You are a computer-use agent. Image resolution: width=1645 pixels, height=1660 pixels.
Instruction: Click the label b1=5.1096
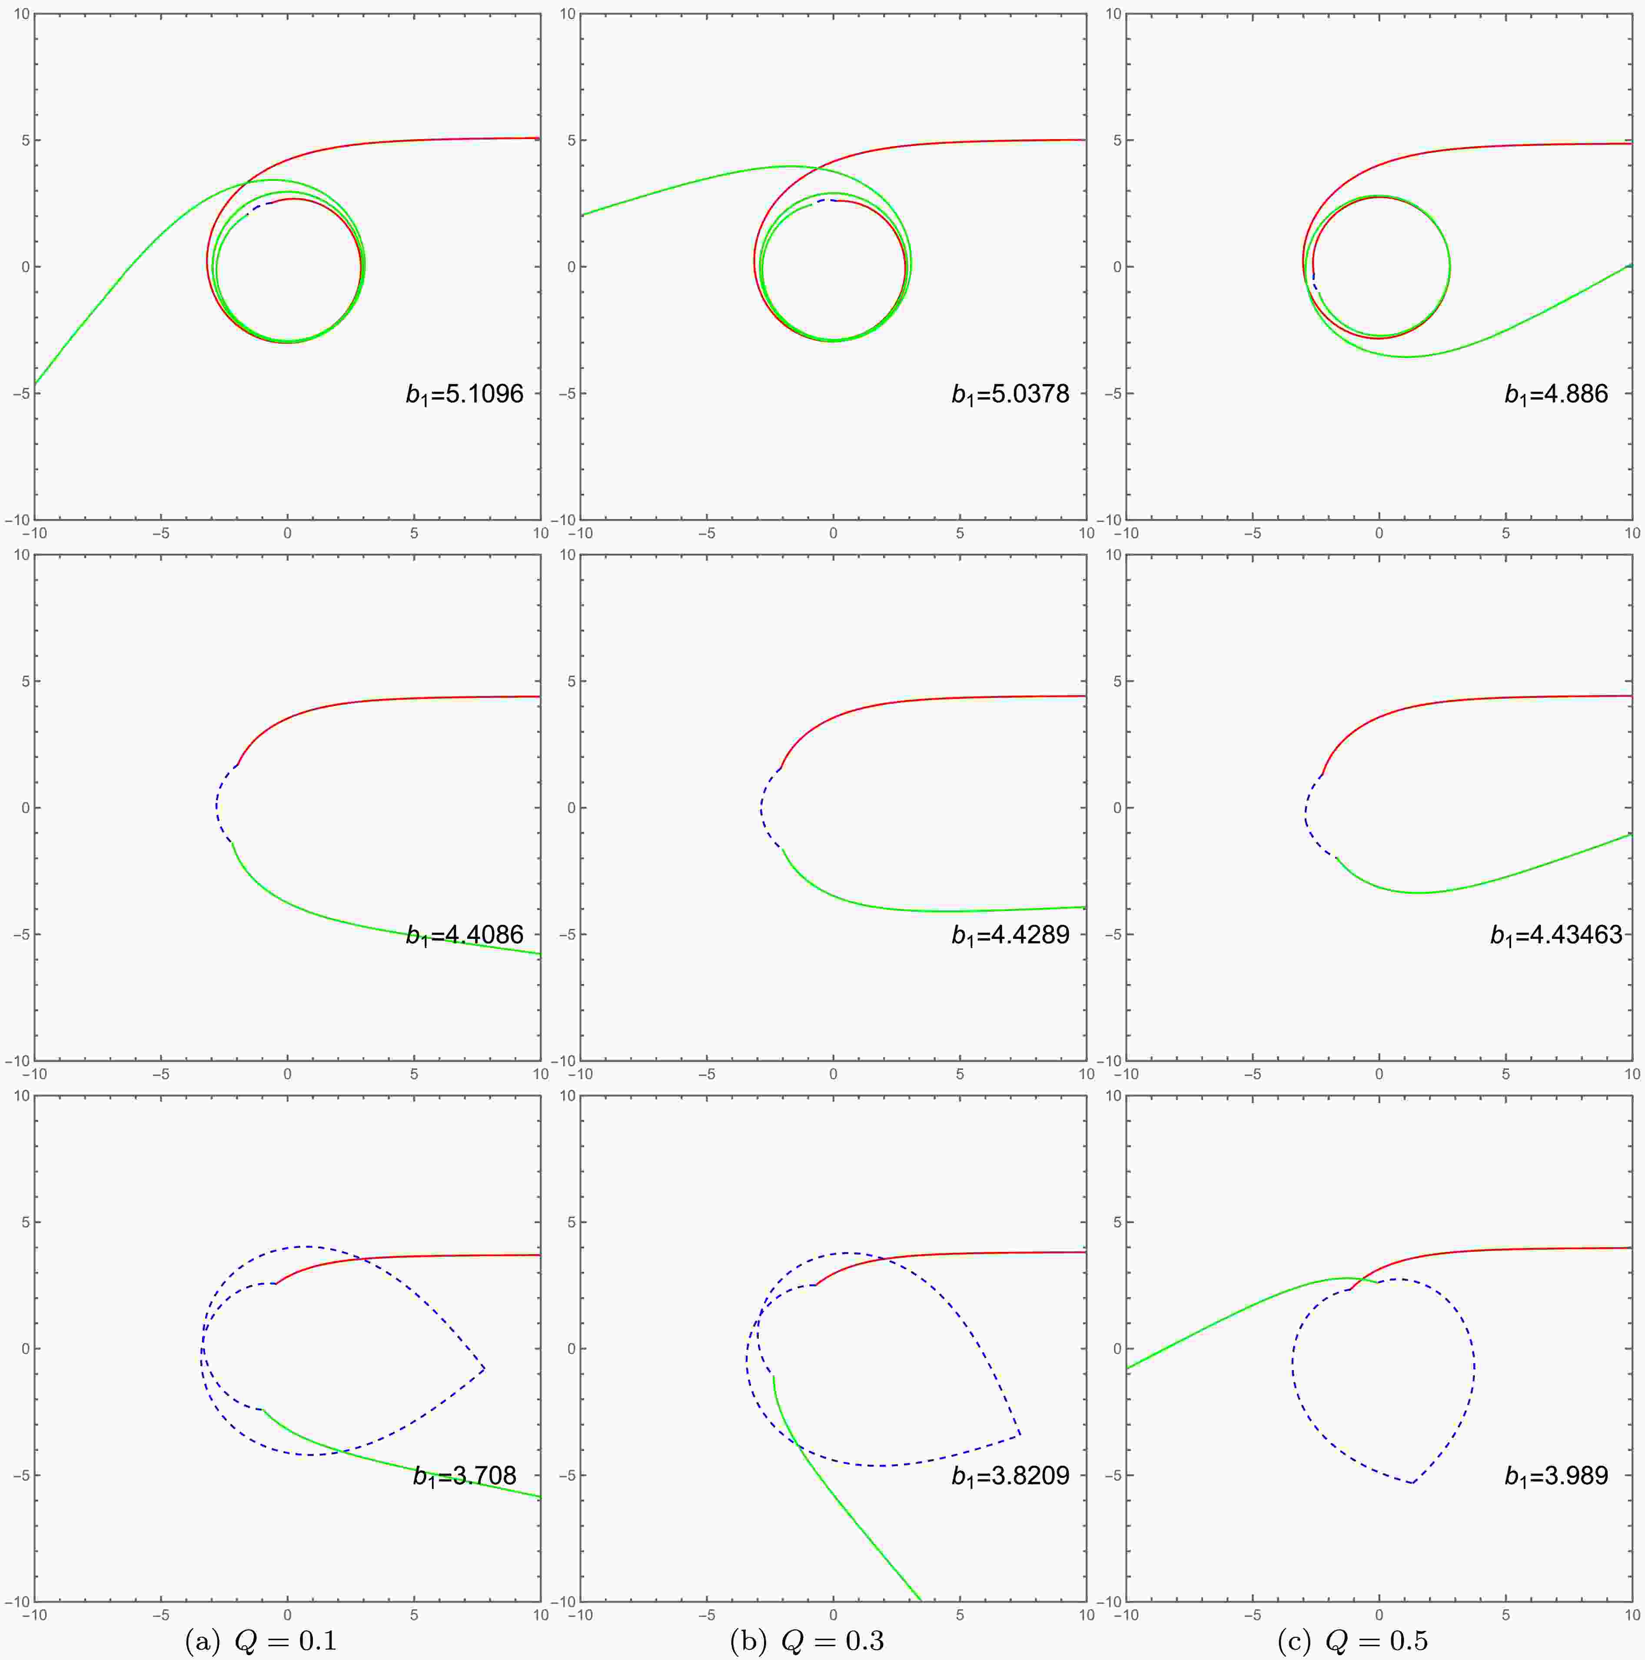tap(465, 394)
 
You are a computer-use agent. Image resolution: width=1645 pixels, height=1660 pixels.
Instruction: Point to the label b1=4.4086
tap(465, 935)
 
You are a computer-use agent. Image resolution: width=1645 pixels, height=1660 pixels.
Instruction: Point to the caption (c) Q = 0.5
tap(1353, 1641)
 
